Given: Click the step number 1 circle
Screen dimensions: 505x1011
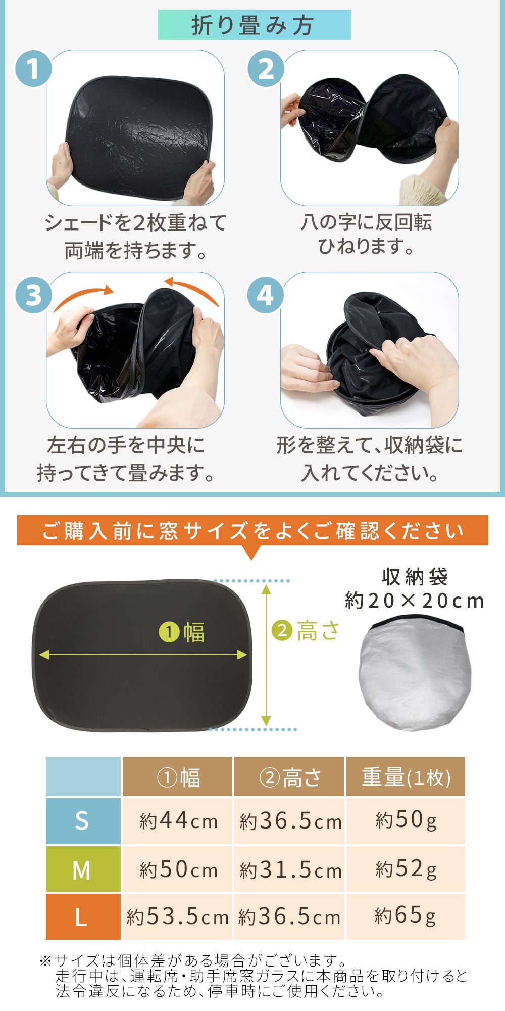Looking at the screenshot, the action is click(x=34, y=68).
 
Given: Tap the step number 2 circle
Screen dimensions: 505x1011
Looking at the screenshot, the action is click(x=266, y=68).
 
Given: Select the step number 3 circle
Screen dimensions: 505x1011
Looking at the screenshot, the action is click(x=34, y=295).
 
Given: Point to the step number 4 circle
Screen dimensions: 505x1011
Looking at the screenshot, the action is click(x=266, y=295).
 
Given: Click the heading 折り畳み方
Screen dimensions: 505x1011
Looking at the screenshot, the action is click(x=254, y=25).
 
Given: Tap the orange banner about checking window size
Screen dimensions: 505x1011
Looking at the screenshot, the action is click(x=252, y=530).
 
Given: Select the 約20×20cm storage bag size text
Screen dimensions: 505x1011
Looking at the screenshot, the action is click(x=415, y=601).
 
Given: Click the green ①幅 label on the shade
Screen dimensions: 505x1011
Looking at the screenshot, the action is click(x=182, y=632).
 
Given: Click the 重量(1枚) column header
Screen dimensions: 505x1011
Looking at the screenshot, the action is click(x=406, y=777).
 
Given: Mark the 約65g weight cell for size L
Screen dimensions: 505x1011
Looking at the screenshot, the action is click(x=406, y=916).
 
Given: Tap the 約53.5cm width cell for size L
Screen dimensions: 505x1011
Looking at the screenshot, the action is click(x=178, y=916).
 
